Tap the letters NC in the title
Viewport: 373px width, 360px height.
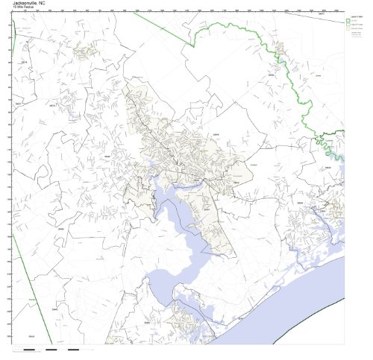coord(51,3)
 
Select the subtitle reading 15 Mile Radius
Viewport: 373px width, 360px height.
coord(22,8)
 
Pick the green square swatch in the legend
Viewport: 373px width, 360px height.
coord(348,19)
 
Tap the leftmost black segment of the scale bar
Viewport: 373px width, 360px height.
coord(29,349)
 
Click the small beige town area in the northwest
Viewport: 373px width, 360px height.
coord(84,51)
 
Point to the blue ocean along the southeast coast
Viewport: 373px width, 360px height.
coord(298,298)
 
